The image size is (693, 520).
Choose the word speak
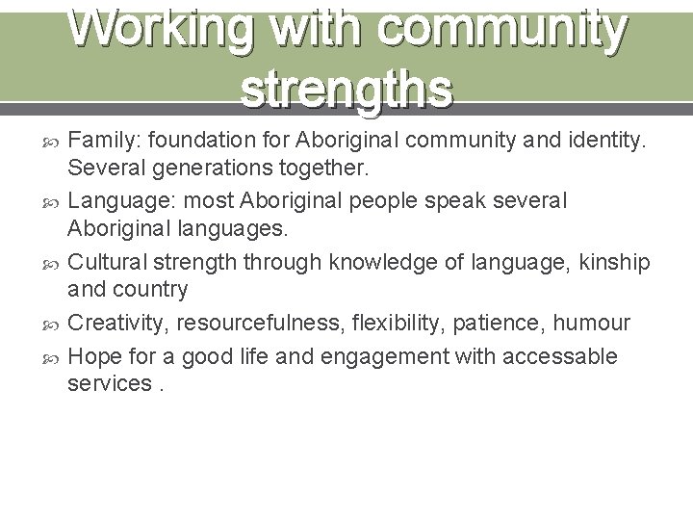(x=461, y=200)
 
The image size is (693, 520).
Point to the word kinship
(x=616, y=262)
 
